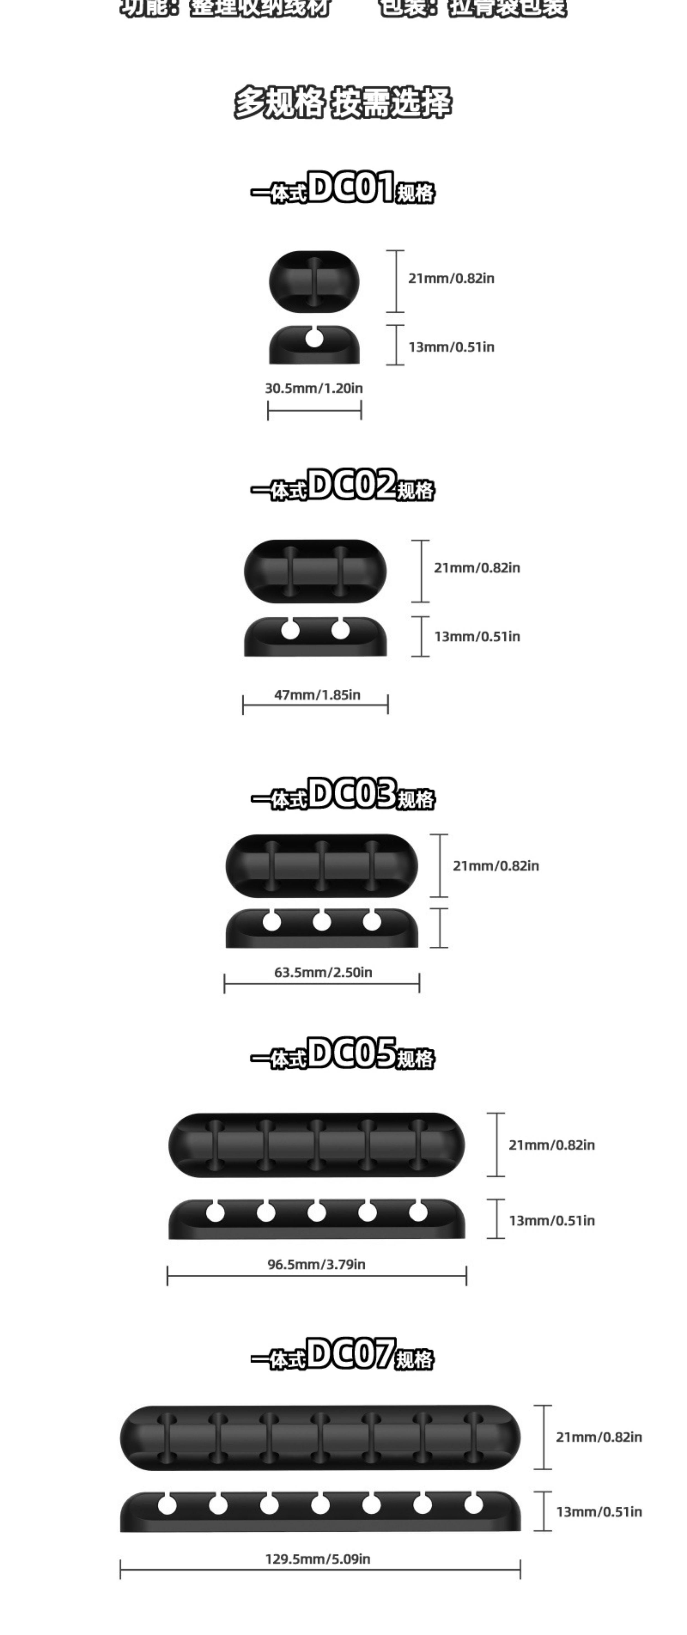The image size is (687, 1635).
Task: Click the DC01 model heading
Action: tap(343, 188)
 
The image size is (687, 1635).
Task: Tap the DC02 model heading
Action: tap(343, 486)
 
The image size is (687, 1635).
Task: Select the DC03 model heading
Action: tap(343, 795)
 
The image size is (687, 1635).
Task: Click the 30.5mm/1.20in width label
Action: tap(314, 388)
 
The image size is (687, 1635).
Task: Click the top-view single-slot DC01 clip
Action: tap(314, 281)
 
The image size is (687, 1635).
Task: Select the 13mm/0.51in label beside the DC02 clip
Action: tap(477, 636)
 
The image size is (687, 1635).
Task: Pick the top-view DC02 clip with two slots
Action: tap(315, 571)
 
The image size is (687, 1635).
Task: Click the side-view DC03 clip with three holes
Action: tap(322, 928)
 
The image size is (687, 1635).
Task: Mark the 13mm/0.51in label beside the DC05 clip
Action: tap(552, 1220)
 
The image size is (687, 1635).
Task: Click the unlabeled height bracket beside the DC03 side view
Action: tap(439, 928)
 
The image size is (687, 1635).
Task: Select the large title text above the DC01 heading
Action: tap(343, 103)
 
